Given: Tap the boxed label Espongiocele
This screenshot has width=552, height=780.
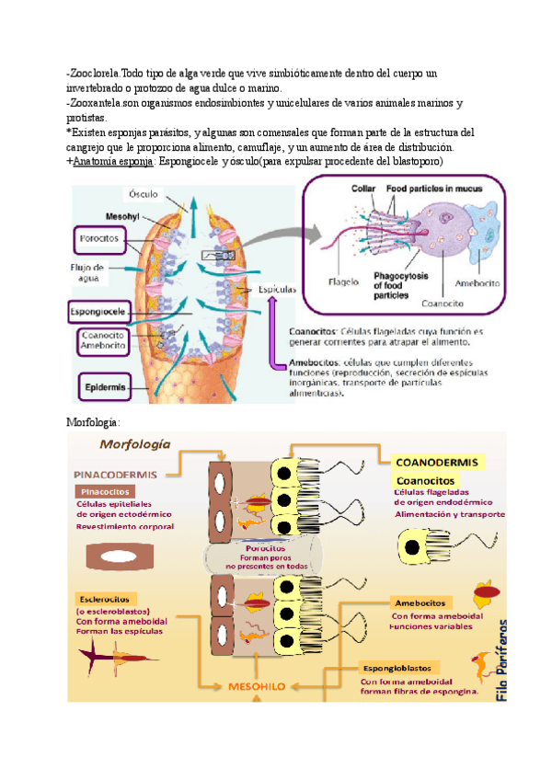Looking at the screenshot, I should [x=98, y=313].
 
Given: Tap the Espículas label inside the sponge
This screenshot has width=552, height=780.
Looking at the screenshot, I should [x=275, y=288].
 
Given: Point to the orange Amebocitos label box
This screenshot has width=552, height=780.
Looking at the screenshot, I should [x=420, y=602].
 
